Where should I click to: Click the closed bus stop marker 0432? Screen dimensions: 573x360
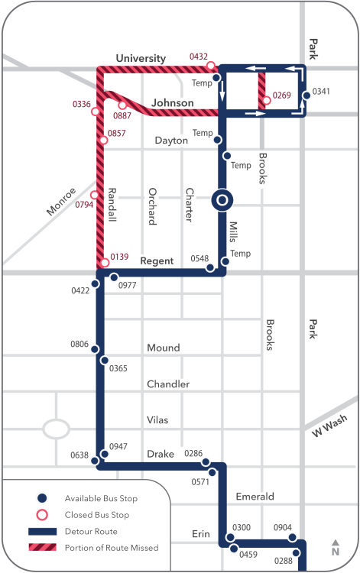point(211,66)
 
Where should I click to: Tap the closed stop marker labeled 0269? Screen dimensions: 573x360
point(266,100)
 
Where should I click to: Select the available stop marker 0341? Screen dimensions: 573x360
point(306,95)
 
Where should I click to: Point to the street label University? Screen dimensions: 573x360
point(141,59)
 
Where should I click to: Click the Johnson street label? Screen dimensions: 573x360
point(172,102)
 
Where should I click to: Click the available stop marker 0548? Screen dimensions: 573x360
point(209,268)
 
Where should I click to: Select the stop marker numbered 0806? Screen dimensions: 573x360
point(96,350)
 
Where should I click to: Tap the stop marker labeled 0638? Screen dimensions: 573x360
point(95,461)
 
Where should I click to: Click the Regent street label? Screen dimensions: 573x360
point(157,261)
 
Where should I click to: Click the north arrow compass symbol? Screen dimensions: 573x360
point(335,548)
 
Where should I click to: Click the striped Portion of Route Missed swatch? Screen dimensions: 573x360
point(44,547)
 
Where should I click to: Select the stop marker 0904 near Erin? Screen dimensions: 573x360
point(292,538)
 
